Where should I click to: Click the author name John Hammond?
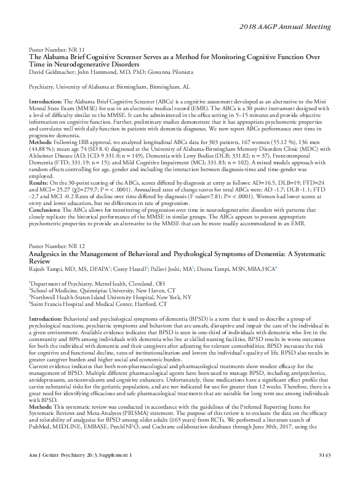[105, 73]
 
